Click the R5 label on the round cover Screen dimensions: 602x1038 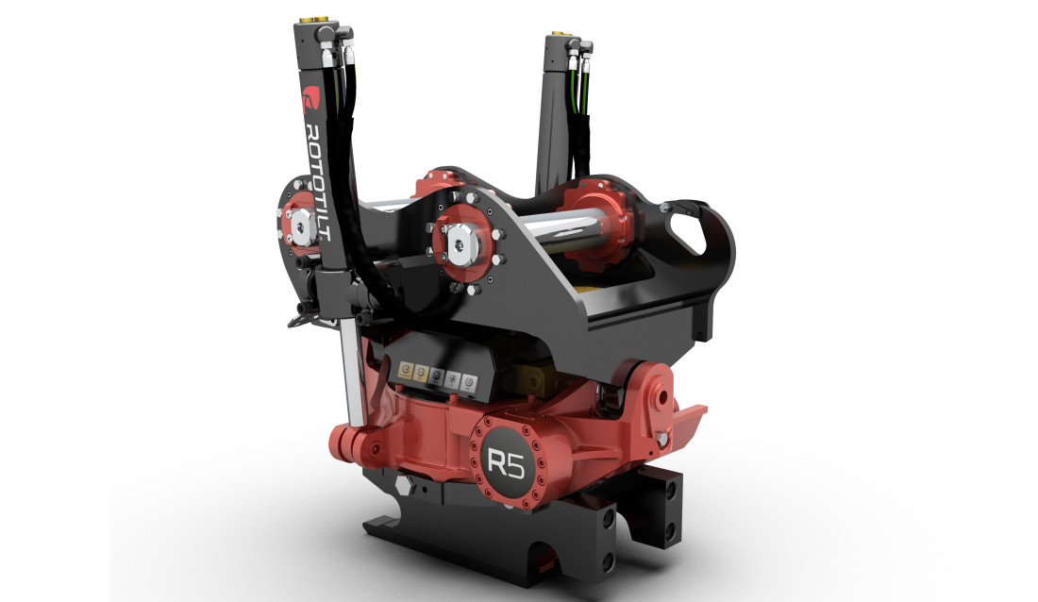point(504,461)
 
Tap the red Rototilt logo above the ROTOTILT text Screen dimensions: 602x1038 point(310,98)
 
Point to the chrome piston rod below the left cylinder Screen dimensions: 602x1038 point(353,373)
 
